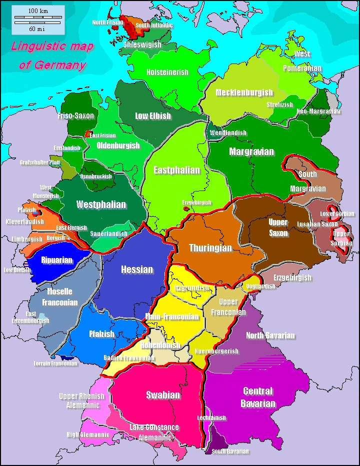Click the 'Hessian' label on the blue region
(x=137, y=269)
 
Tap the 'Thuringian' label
(x=210, y=248)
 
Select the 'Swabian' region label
(x=163, y=395)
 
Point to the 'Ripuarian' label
(x=57, y=260)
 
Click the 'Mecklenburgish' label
(x=244, y=92)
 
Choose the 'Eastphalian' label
(x=176, y=170)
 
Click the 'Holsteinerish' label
(x=167, y=72)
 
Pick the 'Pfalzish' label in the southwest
(x=101, y=334)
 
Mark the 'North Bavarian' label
(x=270, y=335)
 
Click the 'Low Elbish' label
(x=153, y=116)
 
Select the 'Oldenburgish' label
(x=118, y=145)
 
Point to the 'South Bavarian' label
(x=230, y=451)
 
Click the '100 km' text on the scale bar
(x=38, y=11)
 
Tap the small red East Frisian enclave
(x=88, y=134)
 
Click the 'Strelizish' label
(x=279, y=105)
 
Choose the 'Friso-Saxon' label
(x=75, y=116)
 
